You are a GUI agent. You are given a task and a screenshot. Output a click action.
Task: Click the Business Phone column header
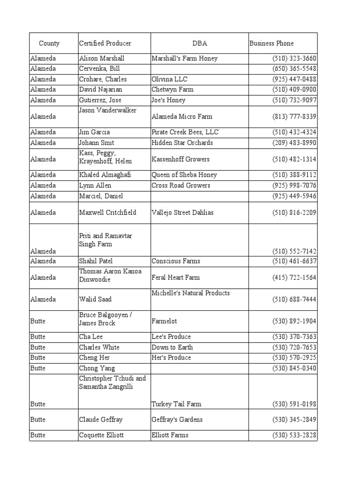tap(271, 44)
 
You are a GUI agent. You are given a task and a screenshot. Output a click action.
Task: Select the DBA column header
tap(200, 44)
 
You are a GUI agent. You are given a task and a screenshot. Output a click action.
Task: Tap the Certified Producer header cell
tap(105, 44)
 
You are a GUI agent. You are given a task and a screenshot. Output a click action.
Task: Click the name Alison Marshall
tap(102, 59)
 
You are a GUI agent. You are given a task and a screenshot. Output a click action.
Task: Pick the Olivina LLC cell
tap(169, 79)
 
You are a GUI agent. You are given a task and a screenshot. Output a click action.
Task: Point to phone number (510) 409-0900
tap(294, 90)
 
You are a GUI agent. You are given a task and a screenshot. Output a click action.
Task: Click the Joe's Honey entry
tap(168, 100)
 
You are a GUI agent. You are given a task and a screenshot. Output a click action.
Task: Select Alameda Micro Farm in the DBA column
tap(182, 117)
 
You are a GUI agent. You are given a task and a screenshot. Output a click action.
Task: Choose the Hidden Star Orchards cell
tap(182, 142)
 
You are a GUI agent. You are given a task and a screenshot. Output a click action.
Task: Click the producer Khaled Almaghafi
tap(105, 175)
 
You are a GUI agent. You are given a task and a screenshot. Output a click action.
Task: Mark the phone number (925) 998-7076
tap(294, 186)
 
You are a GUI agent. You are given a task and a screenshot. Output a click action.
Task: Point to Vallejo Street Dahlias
tap(182, 213)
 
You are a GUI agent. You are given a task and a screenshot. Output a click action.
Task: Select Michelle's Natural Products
tap(190, 293)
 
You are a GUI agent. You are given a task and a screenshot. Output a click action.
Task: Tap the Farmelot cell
tap(164, 322)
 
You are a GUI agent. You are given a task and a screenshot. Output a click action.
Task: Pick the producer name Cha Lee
tap(91, 337)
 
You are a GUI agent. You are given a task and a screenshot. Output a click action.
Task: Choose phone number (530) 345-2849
tap(294, 420)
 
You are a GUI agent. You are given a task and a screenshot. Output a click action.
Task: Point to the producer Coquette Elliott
tap(101, 435)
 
